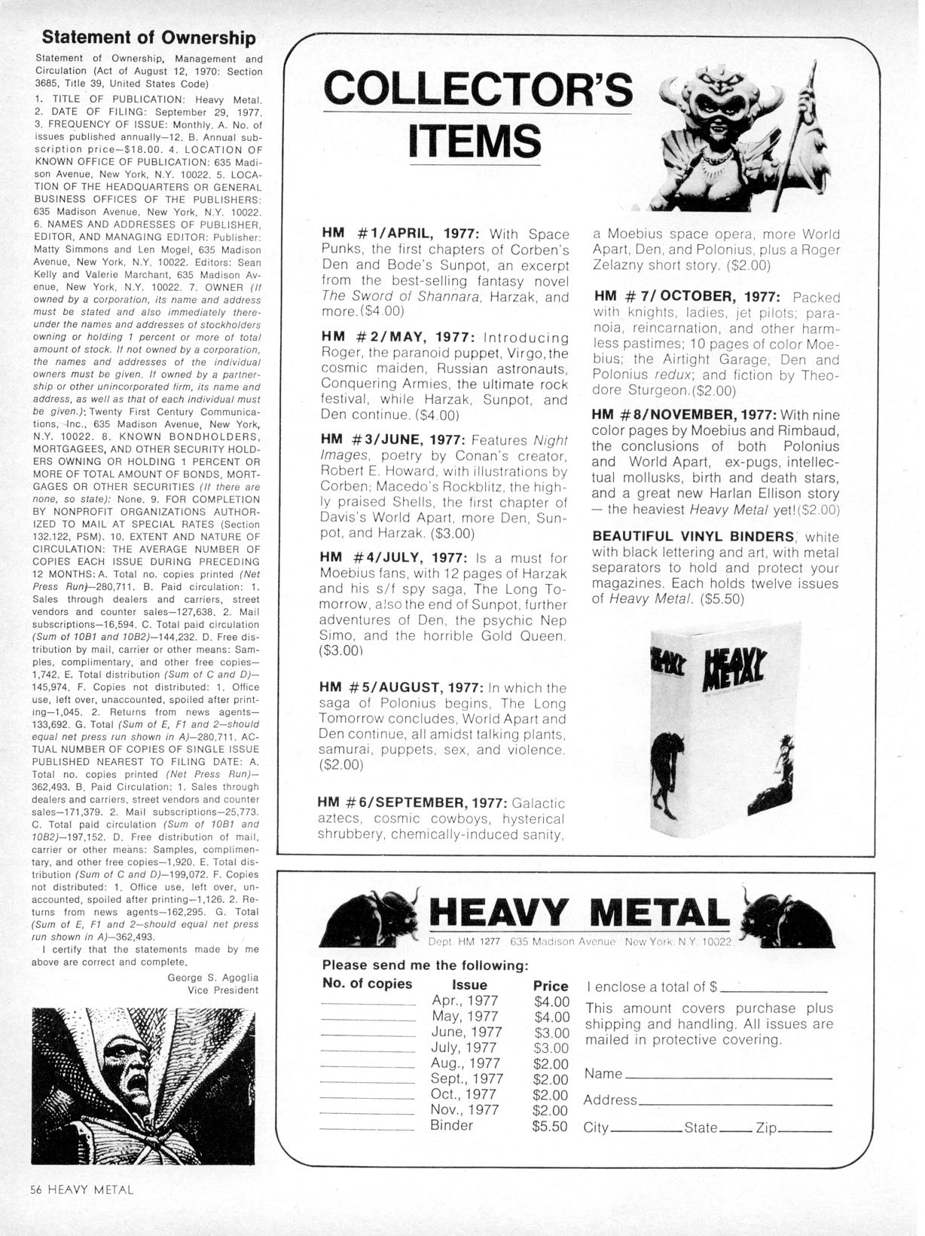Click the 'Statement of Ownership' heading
(x=149, y=38)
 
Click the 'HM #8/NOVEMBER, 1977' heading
(x=684, y=415)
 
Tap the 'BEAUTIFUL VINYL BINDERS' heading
(x=694, y=537)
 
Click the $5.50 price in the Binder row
(x=551, y=1126)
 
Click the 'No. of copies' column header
(x=367, y=984)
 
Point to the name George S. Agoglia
(x=213, y=977)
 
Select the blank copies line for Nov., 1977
(x=368, y=1113)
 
